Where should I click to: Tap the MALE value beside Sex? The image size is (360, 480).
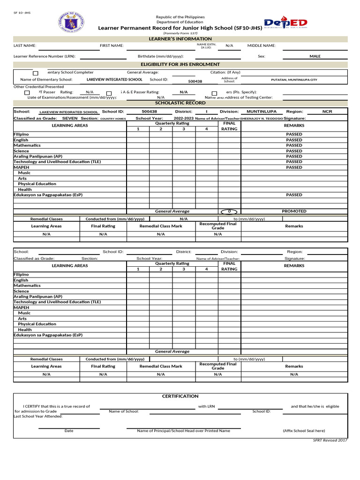(x=315, y=56)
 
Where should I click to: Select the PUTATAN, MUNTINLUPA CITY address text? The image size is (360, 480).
(x=294, y=80)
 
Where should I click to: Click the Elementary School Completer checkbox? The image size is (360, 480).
(x=36, y=74)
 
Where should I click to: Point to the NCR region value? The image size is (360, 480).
(x=327, y=112)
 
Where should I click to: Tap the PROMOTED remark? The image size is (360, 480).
(x=294, y=211)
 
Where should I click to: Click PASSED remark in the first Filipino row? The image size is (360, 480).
(x=294, y=135)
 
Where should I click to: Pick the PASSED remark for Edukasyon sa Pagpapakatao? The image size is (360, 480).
(x=294, y=195)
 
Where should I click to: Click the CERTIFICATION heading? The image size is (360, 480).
(x=180, y=397)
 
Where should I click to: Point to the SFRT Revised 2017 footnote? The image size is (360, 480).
(x=330, y=441)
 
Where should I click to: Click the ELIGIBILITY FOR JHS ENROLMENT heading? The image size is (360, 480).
(x=180, y=64)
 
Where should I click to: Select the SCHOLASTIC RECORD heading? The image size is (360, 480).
(x=180, y=103)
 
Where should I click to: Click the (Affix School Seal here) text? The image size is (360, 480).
(x=304, y=431)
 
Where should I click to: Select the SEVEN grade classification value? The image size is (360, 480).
(x=70, y=119)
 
